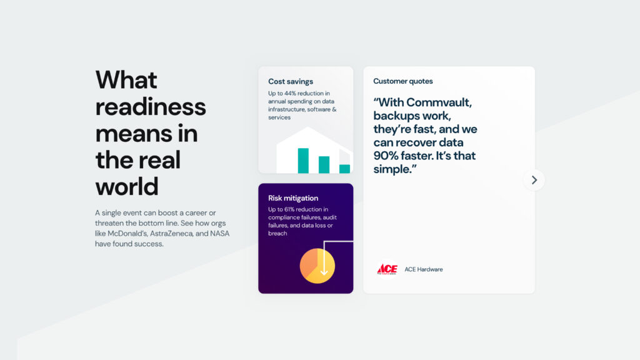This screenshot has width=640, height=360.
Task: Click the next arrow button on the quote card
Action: (x=534, y=180)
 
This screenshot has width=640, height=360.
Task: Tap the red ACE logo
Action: (x=387, y=269)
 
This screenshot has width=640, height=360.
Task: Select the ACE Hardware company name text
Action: (x=424, y=269)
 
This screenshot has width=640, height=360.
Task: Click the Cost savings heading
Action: (x=291, y=82)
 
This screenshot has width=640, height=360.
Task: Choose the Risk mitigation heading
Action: (x=293, y=198)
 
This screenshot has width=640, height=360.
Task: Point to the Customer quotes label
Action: (x=403, y=81)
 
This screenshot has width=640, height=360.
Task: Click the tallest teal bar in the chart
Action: (x=303, y=161)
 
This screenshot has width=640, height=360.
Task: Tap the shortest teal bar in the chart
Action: (x=344, y=169)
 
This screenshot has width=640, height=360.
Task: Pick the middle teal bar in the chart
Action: (x=324, y=165)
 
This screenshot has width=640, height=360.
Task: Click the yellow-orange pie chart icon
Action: (x=317, y=266)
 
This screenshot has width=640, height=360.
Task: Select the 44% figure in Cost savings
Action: (x=290, y=94)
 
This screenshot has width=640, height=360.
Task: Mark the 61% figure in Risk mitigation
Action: (x=290, y=209)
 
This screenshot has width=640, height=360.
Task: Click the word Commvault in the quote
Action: (x=439, y=102)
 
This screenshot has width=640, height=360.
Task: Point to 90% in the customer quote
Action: (x=386, y=156)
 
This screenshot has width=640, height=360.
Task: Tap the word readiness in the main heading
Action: (x=151, y=107)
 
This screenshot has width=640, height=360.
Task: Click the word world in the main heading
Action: (x=127, y=186)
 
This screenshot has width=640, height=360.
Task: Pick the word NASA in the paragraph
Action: (x=219, y=234)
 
